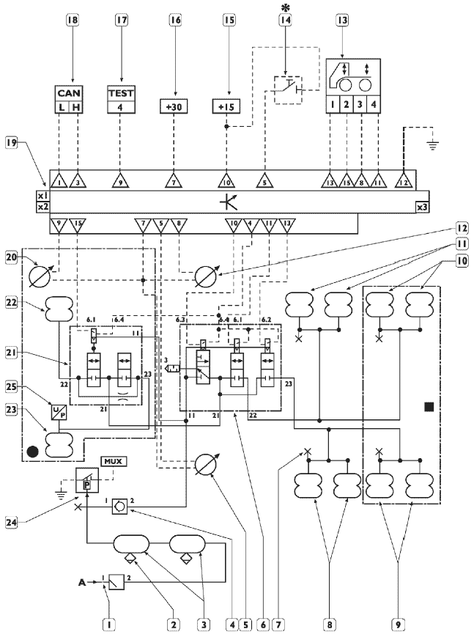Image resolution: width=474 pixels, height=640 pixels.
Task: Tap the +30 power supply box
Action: pyautogui.click(x=174, y=106)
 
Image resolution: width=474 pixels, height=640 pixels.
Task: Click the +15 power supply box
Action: pyautogui.click(x=227, y=106)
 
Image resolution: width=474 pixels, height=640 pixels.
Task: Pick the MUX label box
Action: pyautogui.click(x=114, y=461)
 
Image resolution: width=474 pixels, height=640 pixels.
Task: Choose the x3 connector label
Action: pyautogui.click(x=423, y=207)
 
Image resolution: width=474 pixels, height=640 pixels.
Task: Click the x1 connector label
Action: pyautogui.click(x=43, y=196)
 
